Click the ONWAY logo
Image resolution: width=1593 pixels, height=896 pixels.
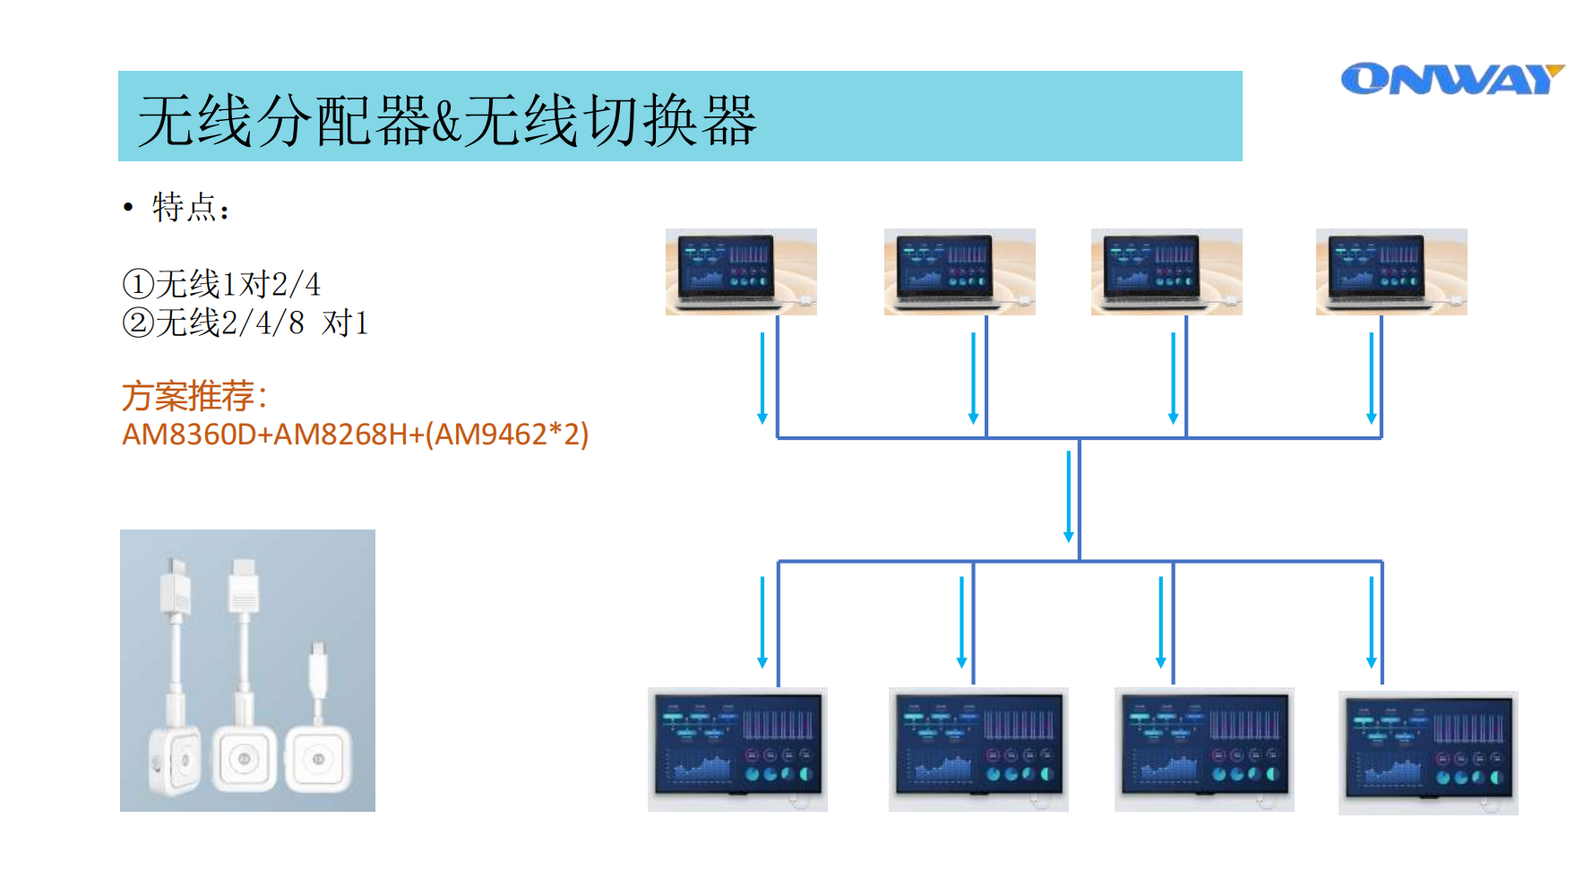1451,79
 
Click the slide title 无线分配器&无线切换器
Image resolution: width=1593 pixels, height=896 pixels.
447,120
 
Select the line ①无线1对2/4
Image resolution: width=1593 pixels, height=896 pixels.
221,284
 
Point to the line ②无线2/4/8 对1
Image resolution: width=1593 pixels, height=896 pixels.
245,323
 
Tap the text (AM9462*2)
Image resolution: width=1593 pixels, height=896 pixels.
507,435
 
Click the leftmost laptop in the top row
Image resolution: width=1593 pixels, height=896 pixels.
741,271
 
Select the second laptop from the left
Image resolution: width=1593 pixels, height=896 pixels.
960,271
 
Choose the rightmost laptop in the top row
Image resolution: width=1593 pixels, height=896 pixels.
1391,271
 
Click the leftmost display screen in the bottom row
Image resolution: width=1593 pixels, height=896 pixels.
737,749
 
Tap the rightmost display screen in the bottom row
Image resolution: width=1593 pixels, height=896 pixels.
1428,753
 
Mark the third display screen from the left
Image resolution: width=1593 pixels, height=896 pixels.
1204,749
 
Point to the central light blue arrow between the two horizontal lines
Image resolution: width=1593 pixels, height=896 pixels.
1068,496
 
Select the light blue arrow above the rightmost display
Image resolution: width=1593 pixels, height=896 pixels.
1371,622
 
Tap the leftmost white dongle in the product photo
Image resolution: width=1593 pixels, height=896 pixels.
175,690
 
